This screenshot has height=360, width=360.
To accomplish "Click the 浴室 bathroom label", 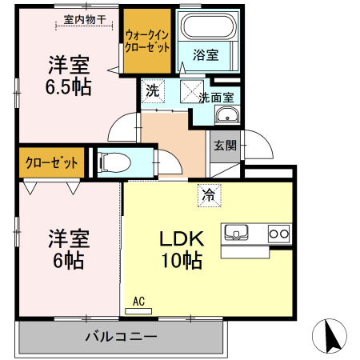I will pos(206,54).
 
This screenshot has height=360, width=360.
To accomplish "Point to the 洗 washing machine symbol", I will pos(152,90).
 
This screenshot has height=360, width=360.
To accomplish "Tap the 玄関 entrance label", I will pos(224,146).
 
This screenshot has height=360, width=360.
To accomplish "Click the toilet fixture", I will pos(114,162).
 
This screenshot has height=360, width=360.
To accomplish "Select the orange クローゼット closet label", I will pos(52,163).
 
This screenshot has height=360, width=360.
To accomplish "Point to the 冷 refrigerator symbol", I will pos(208,194).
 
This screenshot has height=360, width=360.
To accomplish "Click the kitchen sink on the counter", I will pos(238,233).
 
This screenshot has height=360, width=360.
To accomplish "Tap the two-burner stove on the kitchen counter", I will pos(278,234).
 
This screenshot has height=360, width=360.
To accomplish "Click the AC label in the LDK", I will pos(138,302).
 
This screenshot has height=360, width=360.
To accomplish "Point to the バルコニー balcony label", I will pos(121,336).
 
